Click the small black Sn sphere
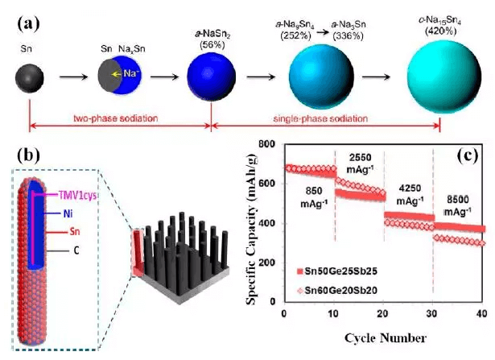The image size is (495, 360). click(x=28, y=79)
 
